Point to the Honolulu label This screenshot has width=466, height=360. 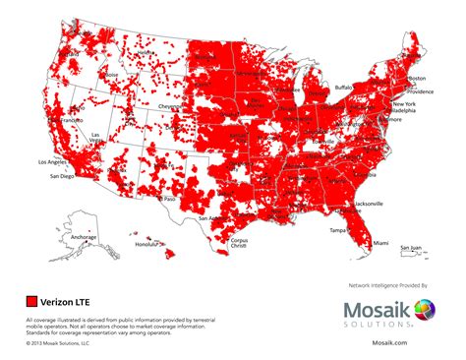coord(147,244)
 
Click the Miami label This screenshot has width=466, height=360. coord(381,242)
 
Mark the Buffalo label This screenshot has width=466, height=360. coord(342,87)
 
